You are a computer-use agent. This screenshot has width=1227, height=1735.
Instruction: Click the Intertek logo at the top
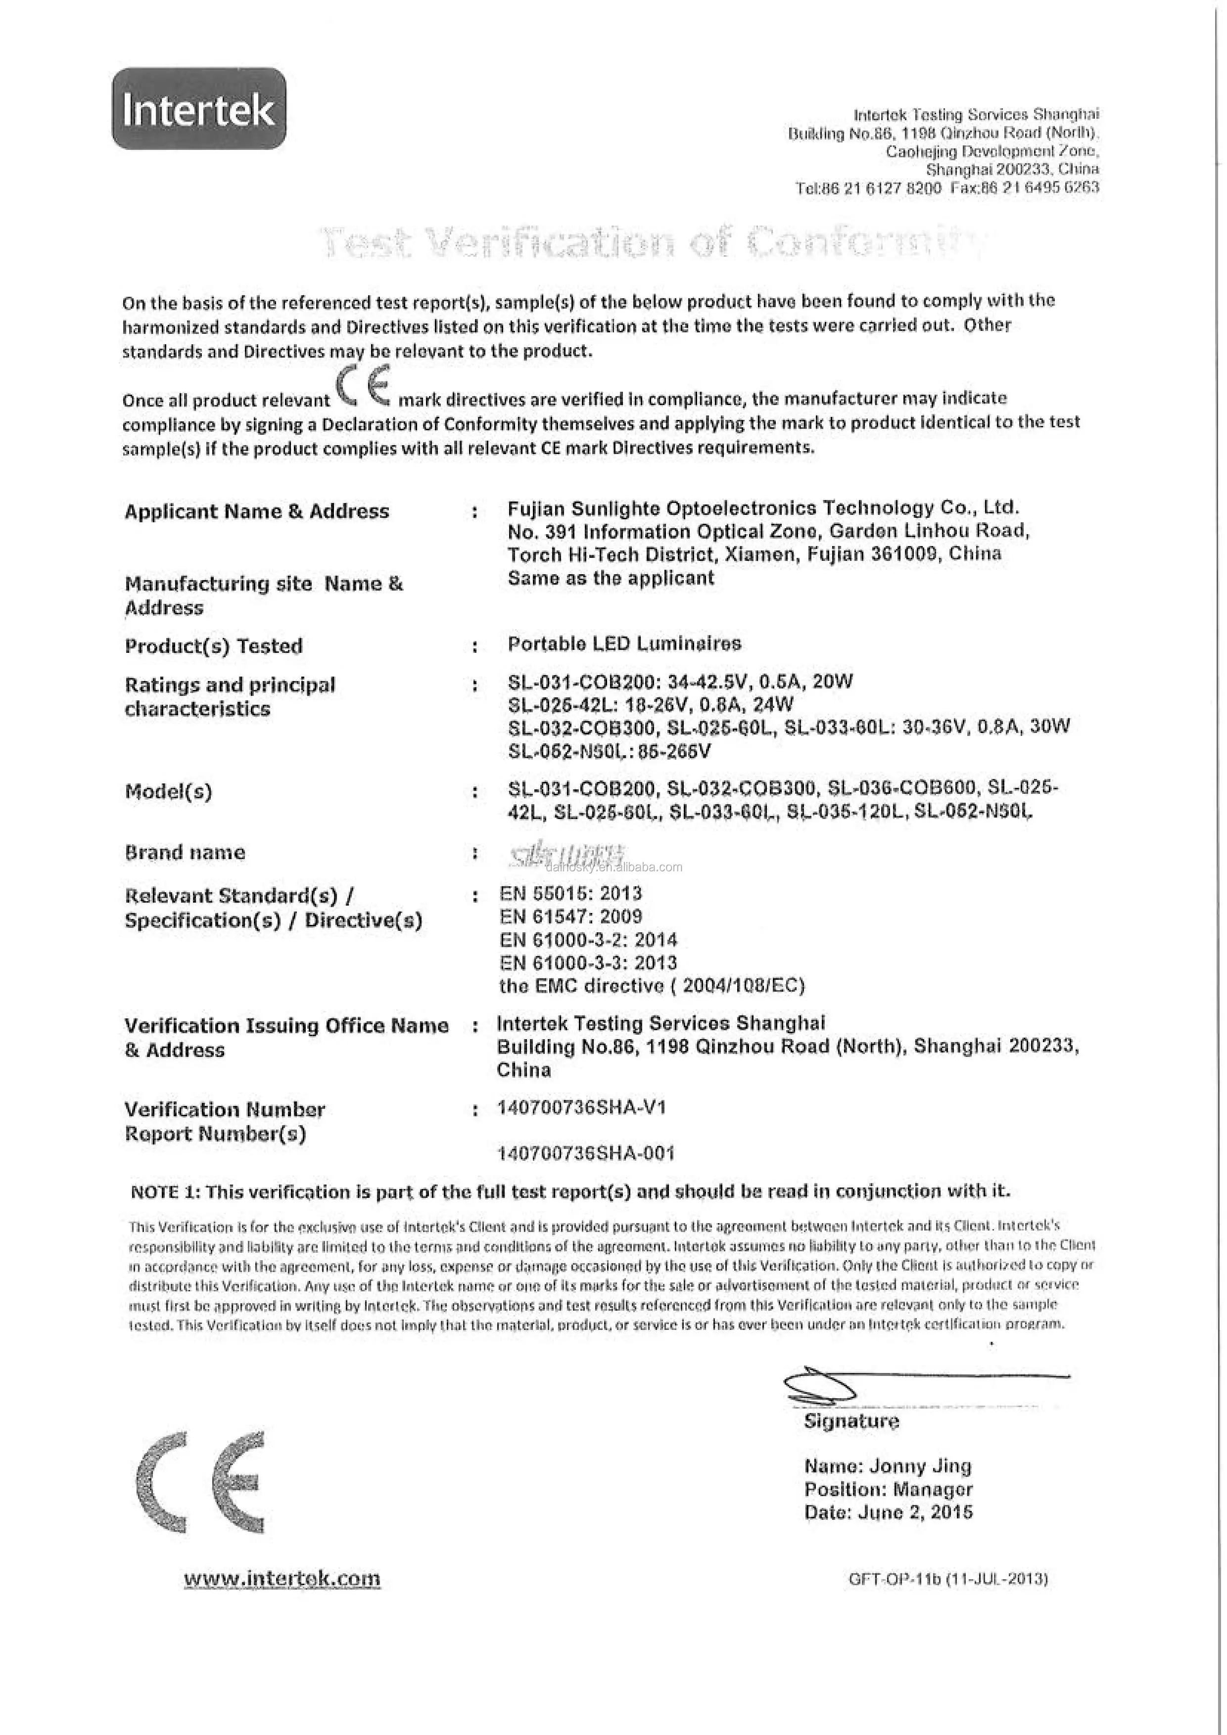(x=199, y=109)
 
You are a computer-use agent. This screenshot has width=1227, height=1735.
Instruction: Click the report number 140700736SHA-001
(x=585, y=1153)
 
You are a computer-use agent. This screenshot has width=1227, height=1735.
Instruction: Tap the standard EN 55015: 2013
(x=570, y=893)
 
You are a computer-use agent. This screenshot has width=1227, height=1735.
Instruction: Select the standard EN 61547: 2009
(x=570, y=916)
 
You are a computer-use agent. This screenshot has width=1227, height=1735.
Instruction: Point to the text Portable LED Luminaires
(x=624, y=644)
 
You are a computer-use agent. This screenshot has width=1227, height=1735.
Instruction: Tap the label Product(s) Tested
(x=213, y=646)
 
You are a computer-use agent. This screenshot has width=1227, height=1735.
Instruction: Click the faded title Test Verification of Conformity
(x=650, y=242)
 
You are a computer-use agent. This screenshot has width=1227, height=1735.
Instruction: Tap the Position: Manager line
(x=888, y=1489)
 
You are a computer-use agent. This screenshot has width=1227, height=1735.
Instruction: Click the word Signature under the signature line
(x=851, y=1421)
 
